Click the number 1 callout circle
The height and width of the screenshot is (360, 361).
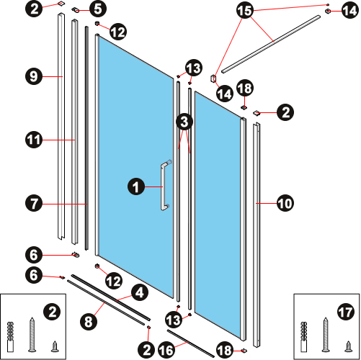(x=136, y=186)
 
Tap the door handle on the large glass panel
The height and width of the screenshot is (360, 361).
(x=164, y=186)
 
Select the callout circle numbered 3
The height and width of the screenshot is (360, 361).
(x=184, y=122)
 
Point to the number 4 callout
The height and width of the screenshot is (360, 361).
(x=140, y=292)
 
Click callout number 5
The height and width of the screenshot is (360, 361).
(x=98, y=9)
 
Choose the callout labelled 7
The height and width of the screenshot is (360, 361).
(x=34, y=203)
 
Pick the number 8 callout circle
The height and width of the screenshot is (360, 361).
(x=89, y=321)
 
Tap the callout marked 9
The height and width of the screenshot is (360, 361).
(x=34, y=76)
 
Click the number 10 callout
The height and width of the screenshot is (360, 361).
(x=285, y=203)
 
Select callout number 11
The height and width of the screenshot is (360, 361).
(x=34, y=140)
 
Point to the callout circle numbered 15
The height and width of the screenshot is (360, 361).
(x=245, y=10)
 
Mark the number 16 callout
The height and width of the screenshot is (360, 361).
(x=166, y=350)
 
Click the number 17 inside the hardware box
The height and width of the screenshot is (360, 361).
(x=346, y=312)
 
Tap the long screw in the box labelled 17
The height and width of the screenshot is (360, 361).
(x=326, y=335)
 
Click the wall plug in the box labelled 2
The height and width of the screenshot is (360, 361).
(x=10, y=337)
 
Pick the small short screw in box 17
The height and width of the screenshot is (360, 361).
(x=349, y=346)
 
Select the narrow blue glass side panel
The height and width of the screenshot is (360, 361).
(x=218, y=214)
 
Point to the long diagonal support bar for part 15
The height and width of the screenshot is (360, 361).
(x=271, y=45)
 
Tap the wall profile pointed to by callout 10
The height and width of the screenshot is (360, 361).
(x=257, y=235)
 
